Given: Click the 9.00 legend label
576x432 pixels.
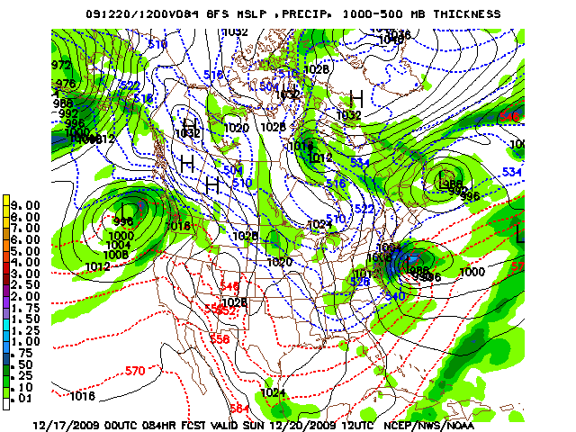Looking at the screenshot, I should [24, 205].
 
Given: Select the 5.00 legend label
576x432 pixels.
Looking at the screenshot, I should [24, 251].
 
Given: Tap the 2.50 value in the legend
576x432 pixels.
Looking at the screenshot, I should [24, 284].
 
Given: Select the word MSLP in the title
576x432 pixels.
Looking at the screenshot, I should [244, 14].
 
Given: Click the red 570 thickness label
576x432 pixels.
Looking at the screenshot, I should [135, 371].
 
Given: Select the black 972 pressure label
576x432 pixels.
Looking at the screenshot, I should [62, 66].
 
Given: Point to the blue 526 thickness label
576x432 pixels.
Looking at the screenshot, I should [360, 282].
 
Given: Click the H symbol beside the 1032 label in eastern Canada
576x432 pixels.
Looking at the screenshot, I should [356, 98].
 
